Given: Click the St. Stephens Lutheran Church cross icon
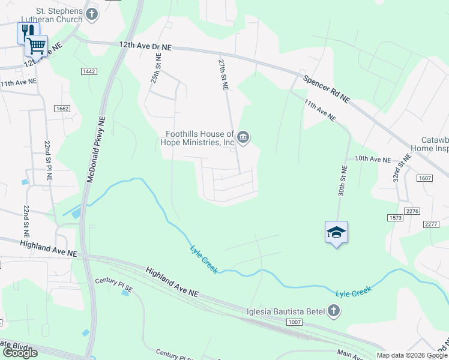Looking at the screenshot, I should [x=92, y=14].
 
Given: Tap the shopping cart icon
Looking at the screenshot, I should [x=37, y=45].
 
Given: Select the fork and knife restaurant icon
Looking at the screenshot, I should [x=27, y=31].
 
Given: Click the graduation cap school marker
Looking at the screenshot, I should [x=336, y=233].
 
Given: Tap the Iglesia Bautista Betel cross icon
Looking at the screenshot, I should [x=334, y=311].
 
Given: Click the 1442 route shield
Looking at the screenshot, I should [x=89, y=71].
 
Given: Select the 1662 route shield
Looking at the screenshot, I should [x=62, y=109].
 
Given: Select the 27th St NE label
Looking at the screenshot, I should [x=223, y=74].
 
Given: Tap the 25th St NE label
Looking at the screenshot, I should [x=155, y=68].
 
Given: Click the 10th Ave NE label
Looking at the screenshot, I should [x=372, y=160].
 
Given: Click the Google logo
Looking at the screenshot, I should [x=19, y=353].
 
